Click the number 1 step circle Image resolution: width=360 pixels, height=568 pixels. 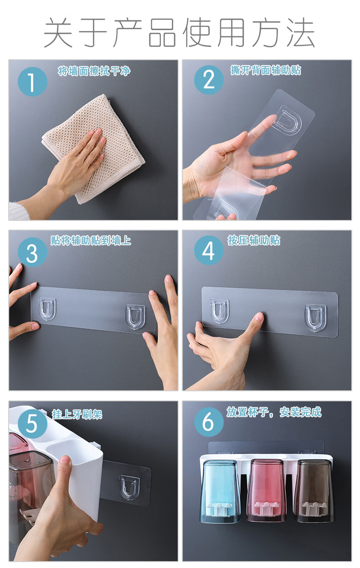tap(32, 82)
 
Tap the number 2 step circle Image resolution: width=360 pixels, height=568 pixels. tap(209, 80)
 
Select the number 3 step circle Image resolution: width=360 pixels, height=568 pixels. tap(32, 252)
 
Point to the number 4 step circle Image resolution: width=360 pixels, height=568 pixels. tap(209, 250)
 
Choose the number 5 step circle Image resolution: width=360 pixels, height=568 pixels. tap(32, 424)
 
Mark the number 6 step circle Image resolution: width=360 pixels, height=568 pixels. tap(209, 422)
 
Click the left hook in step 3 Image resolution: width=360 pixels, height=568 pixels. tap(46, 309)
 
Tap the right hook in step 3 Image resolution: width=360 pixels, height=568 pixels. tap(135, 317)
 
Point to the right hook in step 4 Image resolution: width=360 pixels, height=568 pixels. tap(315, 318)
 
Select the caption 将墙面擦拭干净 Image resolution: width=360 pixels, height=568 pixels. tap(94, 71)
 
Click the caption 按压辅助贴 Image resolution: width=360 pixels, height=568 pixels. tap(254, 241)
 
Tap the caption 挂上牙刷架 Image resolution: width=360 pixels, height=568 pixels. tap(77, 414)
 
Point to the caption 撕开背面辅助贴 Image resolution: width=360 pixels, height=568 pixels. tap(266, 70)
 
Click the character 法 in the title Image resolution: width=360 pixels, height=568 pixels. tap(301, 32)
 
